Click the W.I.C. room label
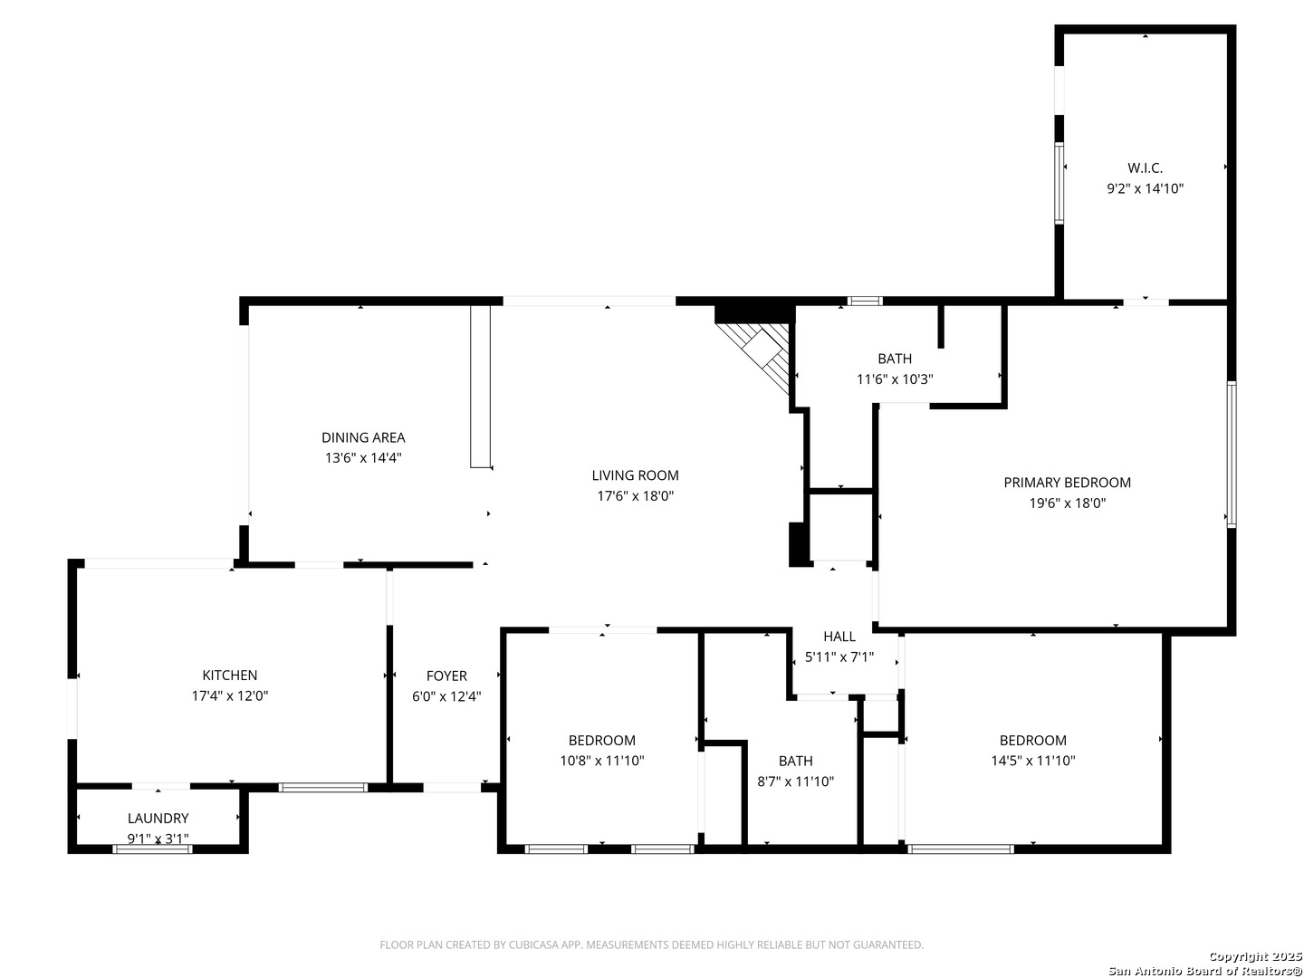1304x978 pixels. click(x=1145, y=168)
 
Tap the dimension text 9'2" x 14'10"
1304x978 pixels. click(x=1145, y=189)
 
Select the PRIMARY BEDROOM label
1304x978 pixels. click(x=1067, y=482)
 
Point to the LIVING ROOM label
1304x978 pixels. click(x=635, y=475)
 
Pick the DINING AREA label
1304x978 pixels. click(x=363, y=437)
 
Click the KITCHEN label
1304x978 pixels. click(x=229, y=676)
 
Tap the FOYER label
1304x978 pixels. click(x=446, y=676)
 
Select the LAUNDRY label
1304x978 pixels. click(x=158, y=819)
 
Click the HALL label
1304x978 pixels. click(x=839, y=637)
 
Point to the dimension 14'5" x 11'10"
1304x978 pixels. click(x=1032, y=761)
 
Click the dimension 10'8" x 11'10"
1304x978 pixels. click(x=602, y=761)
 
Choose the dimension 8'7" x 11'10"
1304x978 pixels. click(x=795, y=781)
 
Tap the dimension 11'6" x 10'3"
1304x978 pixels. click(x=894, y=379)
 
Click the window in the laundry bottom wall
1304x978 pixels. click(x=153, y=849)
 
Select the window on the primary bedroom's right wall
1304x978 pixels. click(x=1232, y=455)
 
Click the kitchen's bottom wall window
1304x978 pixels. click(x=323, y=788)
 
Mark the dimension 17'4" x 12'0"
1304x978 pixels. click(x=229, y=696)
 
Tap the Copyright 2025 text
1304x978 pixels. click(x=1254, y=956)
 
